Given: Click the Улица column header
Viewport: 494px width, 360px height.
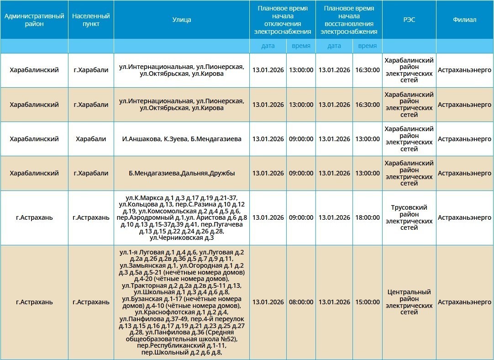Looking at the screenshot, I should pos(182,20).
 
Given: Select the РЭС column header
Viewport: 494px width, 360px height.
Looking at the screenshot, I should pos(409,20).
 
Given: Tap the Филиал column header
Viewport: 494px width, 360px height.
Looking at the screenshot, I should pos(464,20).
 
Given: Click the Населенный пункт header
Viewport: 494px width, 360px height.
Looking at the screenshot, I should pos(91,20).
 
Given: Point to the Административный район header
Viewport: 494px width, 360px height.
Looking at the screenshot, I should pos(34,20).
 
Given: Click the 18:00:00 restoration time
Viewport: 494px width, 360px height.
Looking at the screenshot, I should pos(368,217).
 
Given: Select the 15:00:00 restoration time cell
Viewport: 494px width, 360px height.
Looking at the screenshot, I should pos(368,302).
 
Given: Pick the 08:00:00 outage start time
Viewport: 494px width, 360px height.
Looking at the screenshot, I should pos(301,302).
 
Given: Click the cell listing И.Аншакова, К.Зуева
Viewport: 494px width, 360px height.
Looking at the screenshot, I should pos(182,139).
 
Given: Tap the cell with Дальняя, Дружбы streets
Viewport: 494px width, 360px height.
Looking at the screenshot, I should pos(182,173).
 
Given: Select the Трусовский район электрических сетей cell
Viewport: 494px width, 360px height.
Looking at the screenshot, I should pos(409,217).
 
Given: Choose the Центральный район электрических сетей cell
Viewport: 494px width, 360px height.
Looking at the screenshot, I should pos(409,302).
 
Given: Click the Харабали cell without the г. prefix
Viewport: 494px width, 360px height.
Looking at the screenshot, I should pos(91,139).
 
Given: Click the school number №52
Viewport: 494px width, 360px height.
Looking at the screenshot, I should pos(227,339).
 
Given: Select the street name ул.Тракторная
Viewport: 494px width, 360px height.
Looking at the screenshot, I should pos(142,286).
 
